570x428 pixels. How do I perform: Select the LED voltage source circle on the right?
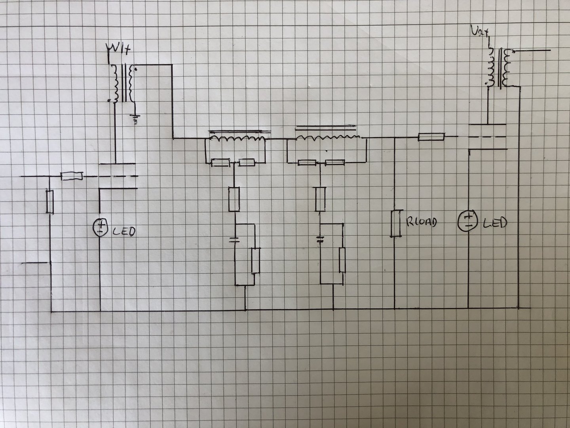[x=468, y=221]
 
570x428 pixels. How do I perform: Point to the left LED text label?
[x=124, y=231]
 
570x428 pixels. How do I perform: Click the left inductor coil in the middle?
[x=237, y=138]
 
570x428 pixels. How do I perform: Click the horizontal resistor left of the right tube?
[x=431, y=137]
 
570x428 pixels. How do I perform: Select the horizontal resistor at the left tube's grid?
[x=72, y=176]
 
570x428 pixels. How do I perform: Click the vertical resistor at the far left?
[x=49, y=201]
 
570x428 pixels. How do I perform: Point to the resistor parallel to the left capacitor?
[x=255, y=260]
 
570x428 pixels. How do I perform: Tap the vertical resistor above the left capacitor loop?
[x=234, y=199]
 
